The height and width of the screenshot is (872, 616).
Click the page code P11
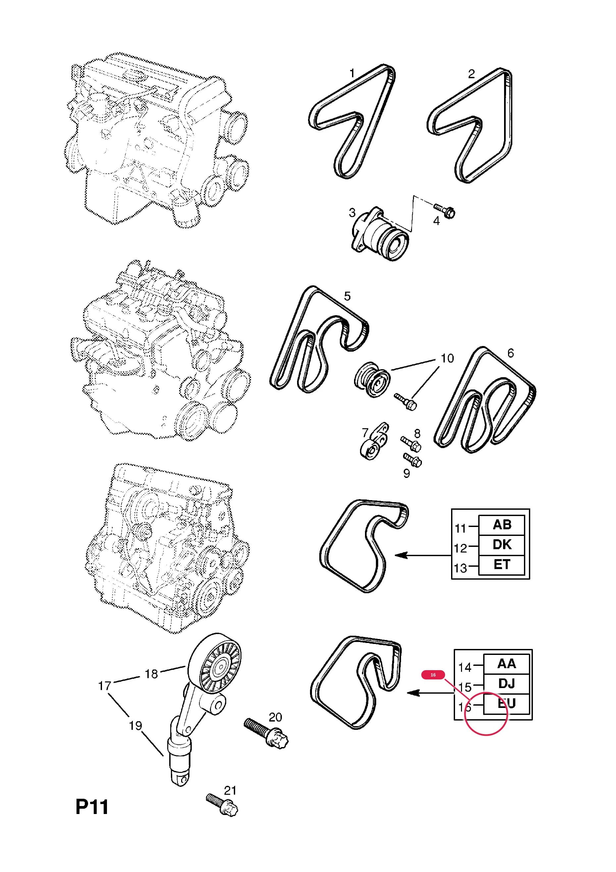(92, 807)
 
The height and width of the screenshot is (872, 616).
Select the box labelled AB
(502, 525)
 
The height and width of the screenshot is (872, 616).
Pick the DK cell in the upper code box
(502, 545)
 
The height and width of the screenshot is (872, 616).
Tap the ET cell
(502, 565)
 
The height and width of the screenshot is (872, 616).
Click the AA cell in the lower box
(506, 664)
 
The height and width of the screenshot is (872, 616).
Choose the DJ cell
(506, 684)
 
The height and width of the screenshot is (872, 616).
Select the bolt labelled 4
(444, 210)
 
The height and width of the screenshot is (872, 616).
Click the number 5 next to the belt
(347, 296)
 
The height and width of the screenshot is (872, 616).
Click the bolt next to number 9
(413, 460)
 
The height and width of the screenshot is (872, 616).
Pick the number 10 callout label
(447, 358)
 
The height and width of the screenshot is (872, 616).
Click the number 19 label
(135, 726)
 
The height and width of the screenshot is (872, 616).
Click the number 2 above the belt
(471, 74)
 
